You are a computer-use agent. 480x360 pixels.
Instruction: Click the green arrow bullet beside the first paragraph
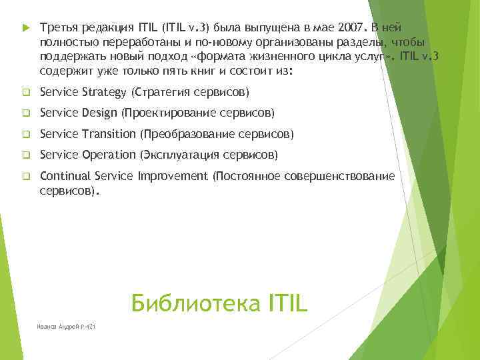pos(25,29)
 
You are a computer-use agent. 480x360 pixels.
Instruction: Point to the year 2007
pos(350,29)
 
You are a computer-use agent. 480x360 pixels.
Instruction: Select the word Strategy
pos(106,91)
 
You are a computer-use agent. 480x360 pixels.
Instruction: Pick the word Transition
pos(109,135)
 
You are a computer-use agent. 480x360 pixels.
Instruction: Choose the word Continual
pos(65,176)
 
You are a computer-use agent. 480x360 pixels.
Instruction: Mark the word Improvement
pos(173,176)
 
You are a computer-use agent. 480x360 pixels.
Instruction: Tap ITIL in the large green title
pos(284,303)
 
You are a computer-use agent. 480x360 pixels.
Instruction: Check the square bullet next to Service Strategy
pos(25,92)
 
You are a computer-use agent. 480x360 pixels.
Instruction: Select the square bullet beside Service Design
pos(25,113)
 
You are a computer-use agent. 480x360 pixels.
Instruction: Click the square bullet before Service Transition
pos(25,135)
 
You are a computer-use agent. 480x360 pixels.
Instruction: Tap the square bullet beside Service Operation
pos(25,155)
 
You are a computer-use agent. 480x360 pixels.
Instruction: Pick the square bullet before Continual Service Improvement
pos(25,177)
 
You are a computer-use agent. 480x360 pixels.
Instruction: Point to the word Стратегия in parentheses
pos(163,91)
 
